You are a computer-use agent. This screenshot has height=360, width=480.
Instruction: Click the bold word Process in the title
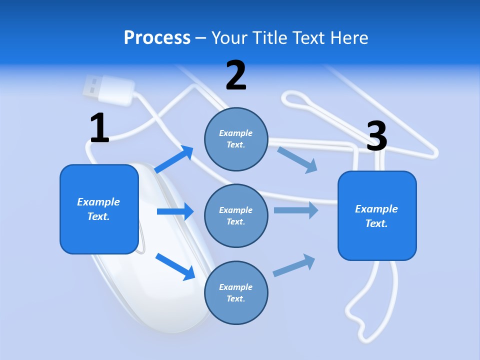coord(157,38)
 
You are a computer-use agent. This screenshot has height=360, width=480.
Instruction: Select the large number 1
coord(99,128)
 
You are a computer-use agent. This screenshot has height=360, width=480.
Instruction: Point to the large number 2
coord(236,75)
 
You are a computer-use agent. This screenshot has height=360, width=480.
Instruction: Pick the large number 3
coord(376,136)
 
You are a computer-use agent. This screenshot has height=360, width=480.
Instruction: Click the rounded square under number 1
coord(99,209)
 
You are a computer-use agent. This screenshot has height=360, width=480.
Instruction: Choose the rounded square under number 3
coord(377,215)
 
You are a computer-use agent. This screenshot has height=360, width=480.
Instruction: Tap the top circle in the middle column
coord(236,139)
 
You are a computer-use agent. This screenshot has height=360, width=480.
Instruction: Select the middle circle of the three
coord(236,215)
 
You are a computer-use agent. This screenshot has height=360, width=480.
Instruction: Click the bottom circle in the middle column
coord(236,292)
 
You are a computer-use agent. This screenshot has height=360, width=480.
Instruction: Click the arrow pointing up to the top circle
coord(174,159)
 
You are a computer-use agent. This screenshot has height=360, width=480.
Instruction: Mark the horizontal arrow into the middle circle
coord(175,211)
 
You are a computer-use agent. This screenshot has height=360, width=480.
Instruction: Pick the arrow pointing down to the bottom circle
coord(175,266)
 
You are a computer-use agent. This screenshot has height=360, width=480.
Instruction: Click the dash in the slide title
coord(201,38)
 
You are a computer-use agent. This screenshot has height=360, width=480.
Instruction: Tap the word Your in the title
coord(230,38)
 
